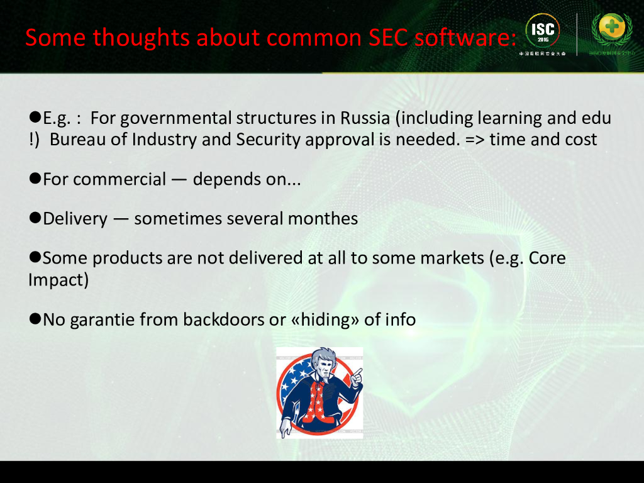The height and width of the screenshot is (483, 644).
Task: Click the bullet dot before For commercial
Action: pos(35,179)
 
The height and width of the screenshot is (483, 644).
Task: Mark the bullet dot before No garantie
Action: pos(35,319)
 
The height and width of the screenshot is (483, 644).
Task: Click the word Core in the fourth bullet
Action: pos(547,258)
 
